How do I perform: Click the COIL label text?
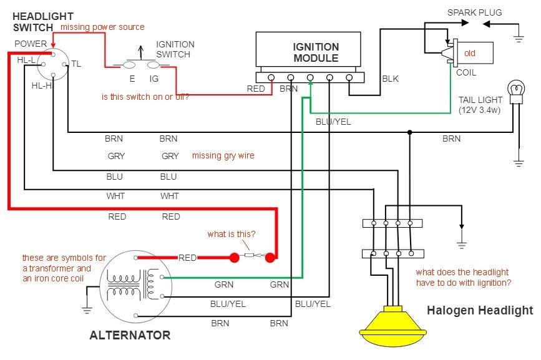(465, 72)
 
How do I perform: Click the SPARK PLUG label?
(474, 12)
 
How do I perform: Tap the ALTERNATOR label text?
(130, 335)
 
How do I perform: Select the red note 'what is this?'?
(232, 234)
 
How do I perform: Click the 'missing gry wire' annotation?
(223, 155)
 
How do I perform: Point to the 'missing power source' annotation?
(102, 27)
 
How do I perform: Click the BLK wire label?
(390, 79)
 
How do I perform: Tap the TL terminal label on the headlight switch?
(76, 64)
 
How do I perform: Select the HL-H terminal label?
(41, 85)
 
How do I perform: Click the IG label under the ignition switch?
(154, 79)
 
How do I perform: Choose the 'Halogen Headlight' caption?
(480, 310)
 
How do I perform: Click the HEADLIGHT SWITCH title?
(42, 21)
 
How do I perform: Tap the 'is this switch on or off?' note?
(145, 97)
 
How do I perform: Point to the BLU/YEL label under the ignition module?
(333, 122)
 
